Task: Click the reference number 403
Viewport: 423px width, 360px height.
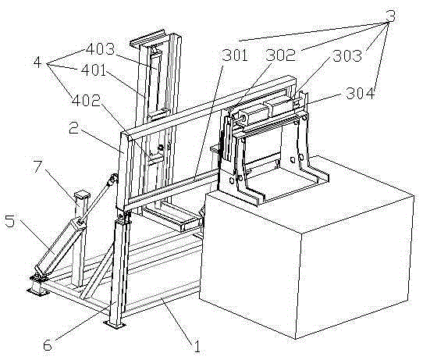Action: (x=101, y=49)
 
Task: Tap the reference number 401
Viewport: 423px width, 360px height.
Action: (x=94, y=70)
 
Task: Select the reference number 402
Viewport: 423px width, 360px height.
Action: (x=86, y=101)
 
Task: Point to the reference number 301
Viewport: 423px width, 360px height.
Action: (x=235, y=55)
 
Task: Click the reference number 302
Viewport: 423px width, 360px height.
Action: (x=280, y=55)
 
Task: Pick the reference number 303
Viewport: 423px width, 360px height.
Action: (x=347, y=56)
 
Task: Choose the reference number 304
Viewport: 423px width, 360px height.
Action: (x=361, y=94)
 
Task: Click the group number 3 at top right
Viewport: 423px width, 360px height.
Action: (x=391, y=16)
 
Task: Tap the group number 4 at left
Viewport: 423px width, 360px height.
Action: (x=37, y=62)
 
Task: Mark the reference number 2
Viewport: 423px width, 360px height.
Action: (x=73, y=127)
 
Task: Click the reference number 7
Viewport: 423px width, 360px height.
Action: (x=37, y=166)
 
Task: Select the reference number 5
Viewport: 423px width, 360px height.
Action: (x=9, y=221)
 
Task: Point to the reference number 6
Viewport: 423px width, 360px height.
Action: (x=48, y=345)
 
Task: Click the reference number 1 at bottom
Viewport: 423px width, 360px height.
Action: (x=197, y=347)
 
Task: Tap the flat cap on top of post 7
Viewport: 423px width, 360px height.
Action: (x=82, y=195)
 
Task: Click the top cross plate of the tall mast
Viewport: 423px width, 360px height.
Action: (x=148, y=38)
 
